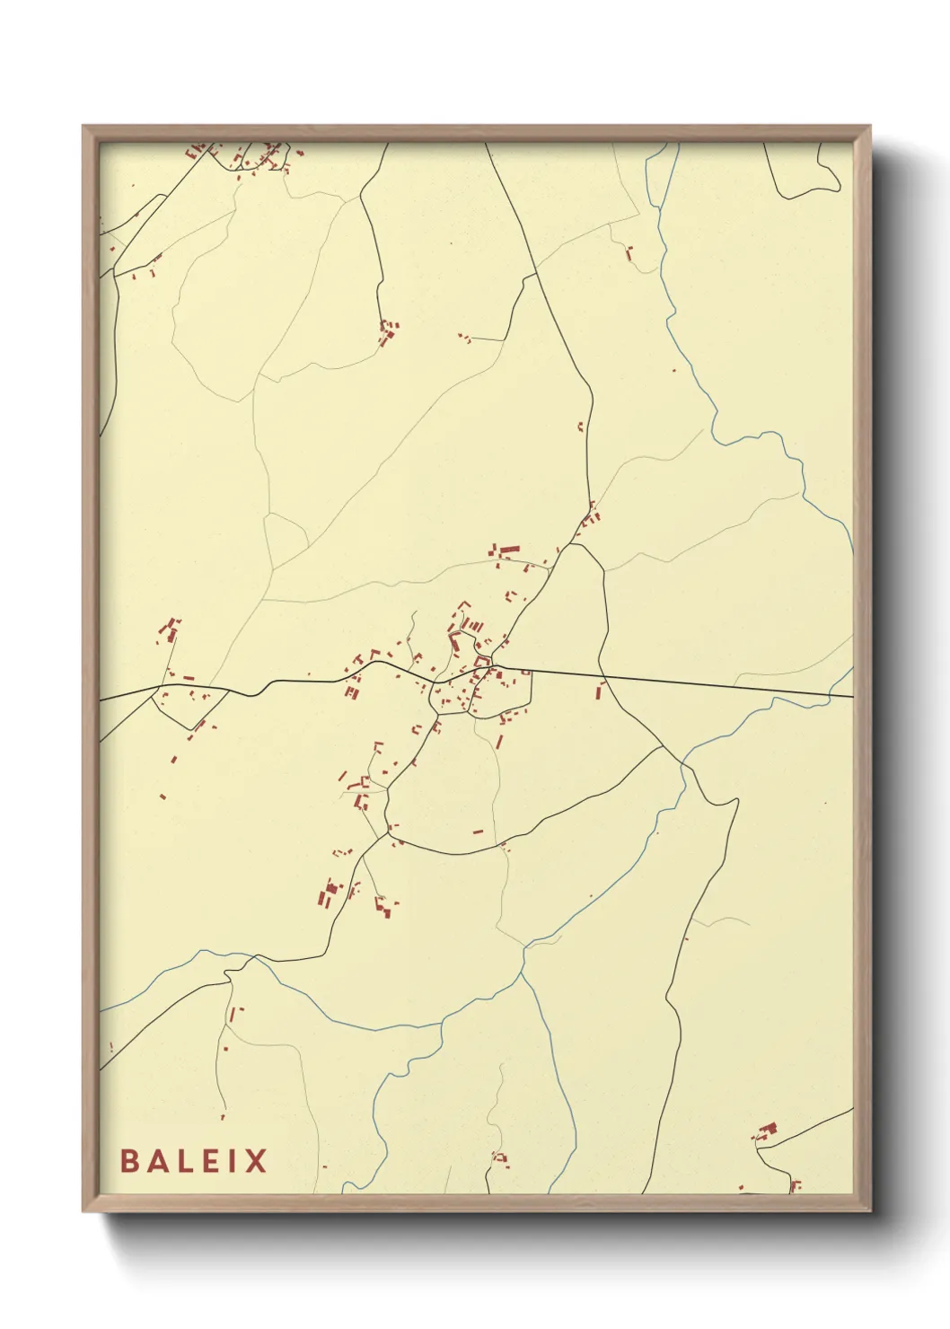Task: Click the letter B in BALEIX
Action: pyautogui.click(x=130, y=1160)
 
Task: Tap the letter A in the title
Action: pyautogui.click(x=157, y=1160)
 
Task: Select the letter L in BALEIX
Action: pyautogui.click(x=184, y=1160)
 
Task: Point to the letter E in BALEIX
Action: pyautogui.click(x=208, y=1160)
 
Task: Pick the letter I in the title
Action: pyautogui.click(x=231, y=1160)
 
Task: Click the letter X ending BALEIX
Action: pyautogui.click(x=255, y=1160)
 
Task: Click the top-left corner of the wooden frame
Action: pyautogui.click(x=84, y=127)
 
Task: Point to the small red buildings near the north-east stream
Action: pyautogui.click(x=629, y=252)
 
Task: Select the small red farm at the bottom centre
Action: pyautogui.click(x=498, y=1157)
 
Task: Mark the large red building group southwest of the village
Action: pyautogui.click(x=329, y=893)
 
